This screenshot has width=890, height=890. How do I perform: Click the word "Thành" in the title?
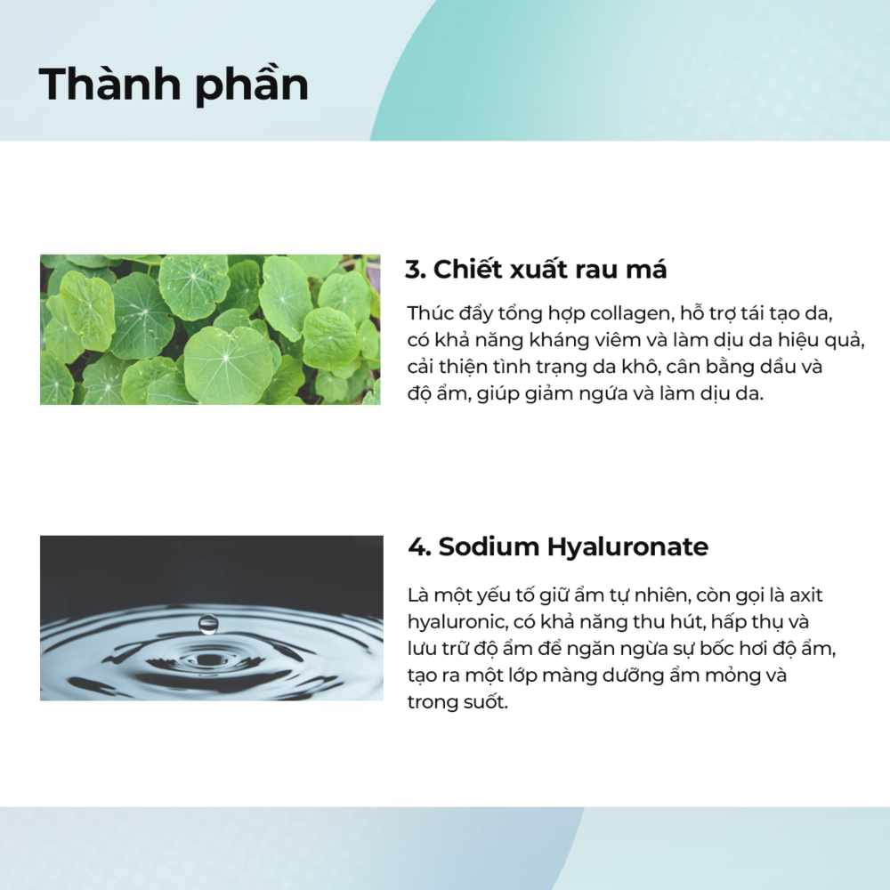(109, 84)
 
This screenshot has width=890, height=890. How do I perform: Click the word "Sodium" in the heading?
(488, 546)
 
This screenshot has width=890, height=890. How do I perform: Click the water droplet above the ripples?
(207, 624)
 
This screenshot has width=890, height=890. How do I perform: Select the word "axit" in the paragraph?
(806, 595)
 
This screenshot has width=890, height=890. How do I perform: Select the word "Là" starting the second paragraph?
(417, 595)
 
